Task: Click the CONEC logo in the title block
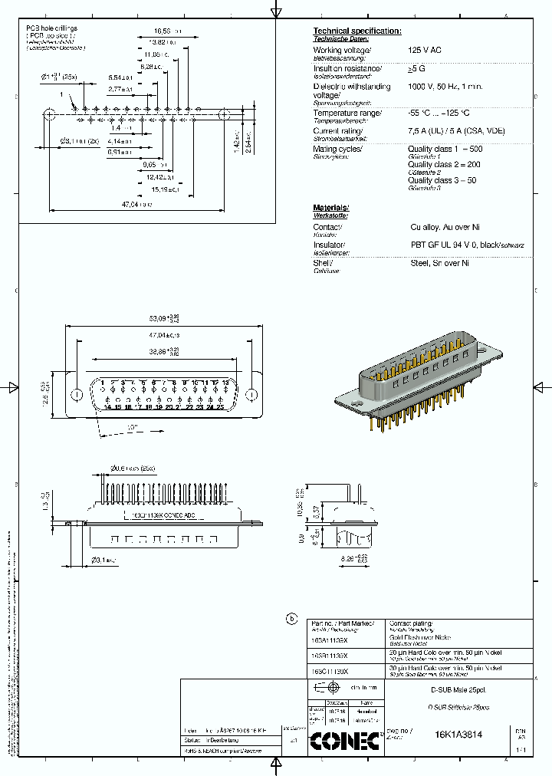[x=344, y=740]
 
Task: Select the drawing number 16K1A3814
[x=458, y=734]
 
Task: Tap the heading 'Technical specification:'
[x=356, y=31]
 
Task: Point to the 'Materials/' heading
[x=330, y=209]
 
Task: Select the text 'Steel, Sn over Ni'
[x=439, y=263]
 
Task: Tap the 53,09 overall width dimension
[x=163, y=318]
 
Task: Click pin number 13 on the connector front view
[x=225, y=382]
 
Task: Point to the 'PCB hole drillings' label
[x=51, y=28]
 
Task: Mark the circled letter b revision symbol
[x=291, y=619]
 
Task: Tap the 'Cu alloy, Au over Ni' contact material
[x=445, y=228]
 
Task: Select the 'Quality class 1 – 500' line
[x=445, y=149]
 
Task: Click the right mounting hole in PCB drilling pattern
[x=224, y=115]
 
